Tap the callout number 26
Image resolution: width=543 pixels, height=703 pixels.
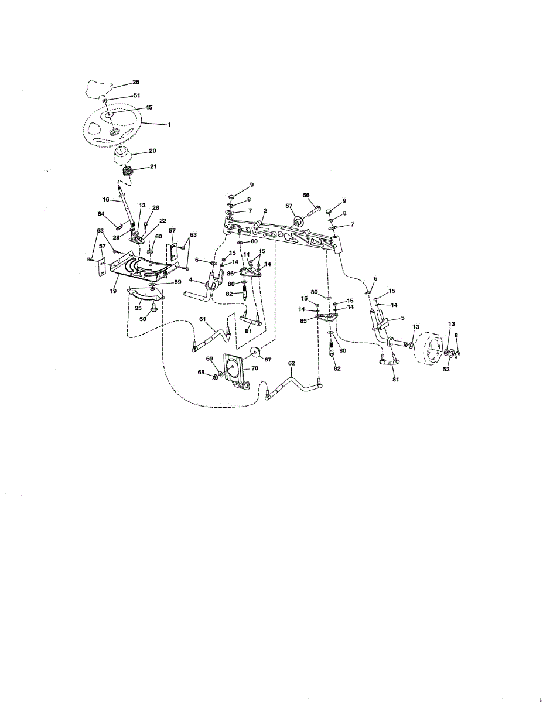click(x=136, y=83)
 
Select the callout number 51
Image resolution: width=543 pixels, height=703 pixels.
click(x=136, y=95)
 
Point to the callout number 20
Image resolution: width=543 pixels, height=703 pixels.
click(x=152, y=151)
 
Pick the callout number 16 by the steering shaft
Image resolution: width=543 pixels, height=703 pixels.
click(x=106, y=200)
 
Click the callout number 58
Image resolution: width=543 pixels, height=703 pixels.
click(x=142, y=319)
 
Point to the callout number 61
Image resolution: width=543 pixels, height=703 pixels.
click(x=203, y=319)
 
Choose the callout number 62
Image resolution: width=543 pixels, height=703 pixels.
click(x=291, y=363)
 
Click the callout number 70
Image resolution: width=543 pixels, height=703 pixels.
click(x=254, y=368)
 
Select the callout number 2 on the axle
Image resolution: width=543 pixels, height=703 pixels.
click(x=265, y=209)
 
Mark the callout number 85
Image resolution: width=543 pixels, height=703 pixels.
click(x=303, y=320)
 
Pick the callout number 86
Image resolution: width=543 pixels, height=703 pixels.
click(x=230, y=274)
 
